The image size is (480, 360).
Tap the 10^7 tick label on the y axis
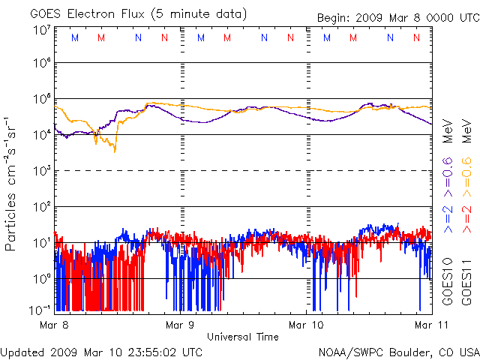click(x=41, y=30)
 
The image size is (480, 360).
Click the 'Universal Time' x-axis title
click(x=243, y=337)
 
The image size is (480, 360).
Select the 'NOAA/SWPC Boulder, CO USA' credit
click(x=398, y=351)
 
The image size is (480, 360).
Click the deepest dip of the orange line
click(x=115, y=151)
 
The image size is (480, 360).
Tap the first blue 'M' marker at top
click(x=73, y=37)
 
